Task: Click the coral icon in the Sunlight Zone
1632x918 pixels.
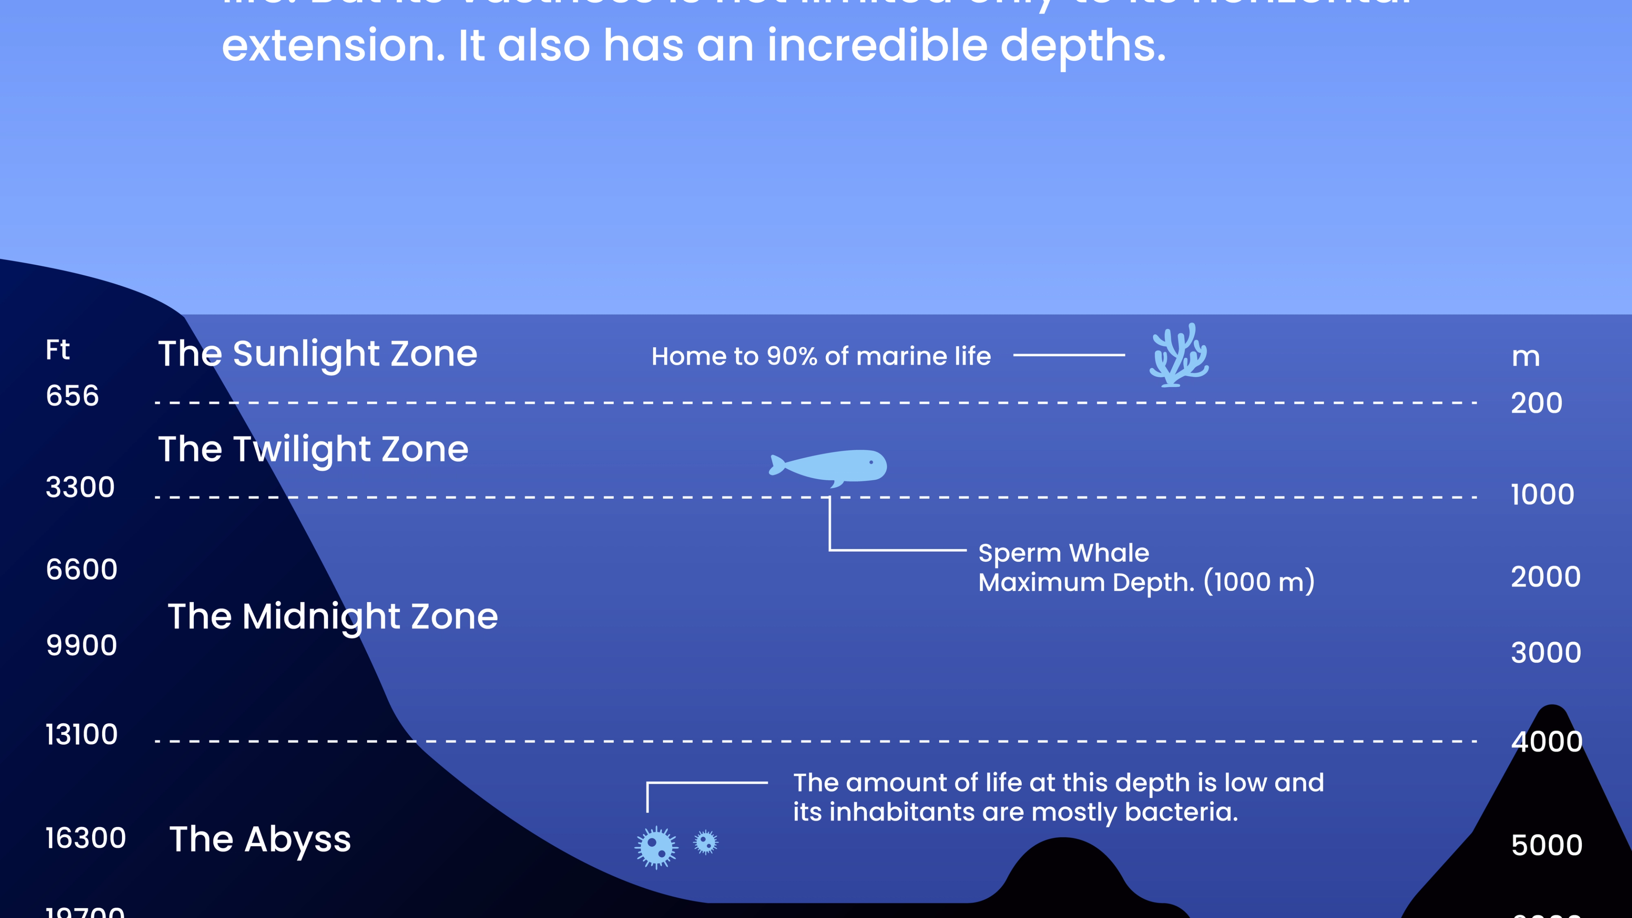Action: click(x=1179, y=356)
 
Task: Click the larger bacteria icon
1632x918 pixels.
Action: click(x=656, y=847)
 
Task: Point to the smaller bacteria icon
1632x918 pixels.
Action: click(x=706, y=843)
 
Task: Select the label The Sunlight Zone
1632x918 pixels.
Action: click(x=317, y=354)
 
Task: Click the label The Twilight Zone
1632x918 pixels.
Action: click(x=313, y=449)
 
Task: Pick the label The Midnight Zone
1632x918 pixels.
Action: click(x=333, y=616)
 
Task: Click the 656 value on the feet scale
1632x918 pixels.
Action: click(x=72, y=396)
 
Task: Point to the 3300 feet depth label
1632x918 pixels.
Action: click(x=80, y=487)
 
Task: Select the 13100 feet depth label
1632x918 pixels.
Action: click(x=81, y=735)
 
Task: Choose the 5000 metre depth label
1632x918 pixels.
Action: click(x=1547, y=846)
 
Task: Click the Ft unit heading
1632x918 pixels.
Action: click(x=57, y=350)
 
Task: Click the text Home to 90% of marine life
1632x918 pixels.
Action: click(x=821, y=356)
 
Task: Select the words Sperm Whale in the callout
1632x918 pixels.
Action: click(x=1063, y=553)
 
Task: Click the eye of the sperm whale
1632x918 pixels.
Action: click(x=872, y=462)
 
